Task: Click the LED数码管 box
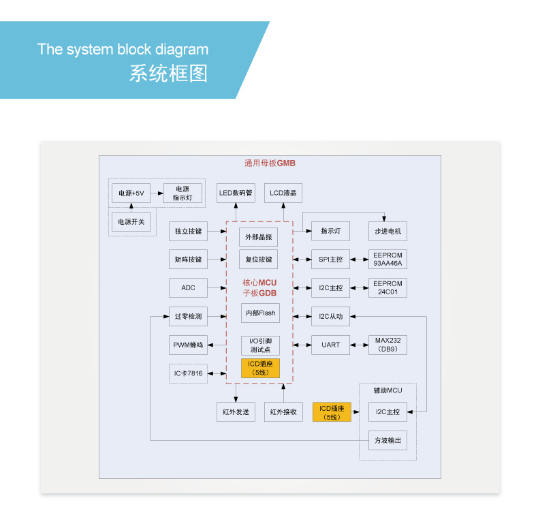pos(236,193)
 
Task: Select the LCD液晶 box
pos(283,193)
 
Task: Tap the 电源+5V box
pos(131,193)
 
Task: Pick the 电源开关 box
pos(131,221)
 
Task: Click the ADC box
pos(188,287)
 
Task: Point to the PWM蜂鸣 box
pos(188,345)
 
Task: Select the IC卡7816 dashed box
pos(188,373)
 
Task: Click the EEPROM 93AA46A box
pos(387,259)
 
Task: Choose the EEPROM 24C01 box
pos(387,287)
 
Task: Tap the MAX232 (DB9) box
pos(387,345)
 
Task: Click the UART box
pos(331,345)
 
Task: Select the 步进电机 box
pos(387,231)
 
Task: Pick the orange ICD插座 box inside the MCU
pos(260,368)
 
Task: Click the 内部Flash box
pos(260,313)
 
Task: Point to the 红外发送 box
pos(236,411)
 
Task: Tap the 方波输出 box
pos(387,440)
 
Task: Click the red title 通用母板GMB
pos(270,163)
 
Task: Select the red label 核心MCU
pos(259,283)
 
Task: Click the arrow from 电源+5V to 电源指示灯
pos(157,193)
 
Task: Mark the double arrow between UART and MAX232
pos(360,345)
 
